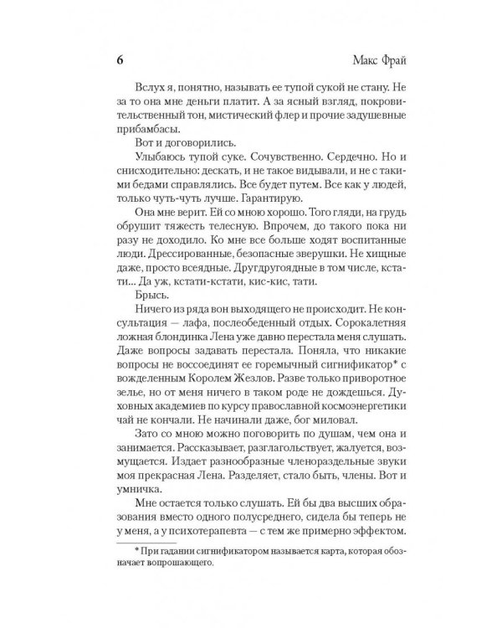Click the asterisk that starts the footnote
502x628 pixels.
pyautogui.click(x=124, y=617)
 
